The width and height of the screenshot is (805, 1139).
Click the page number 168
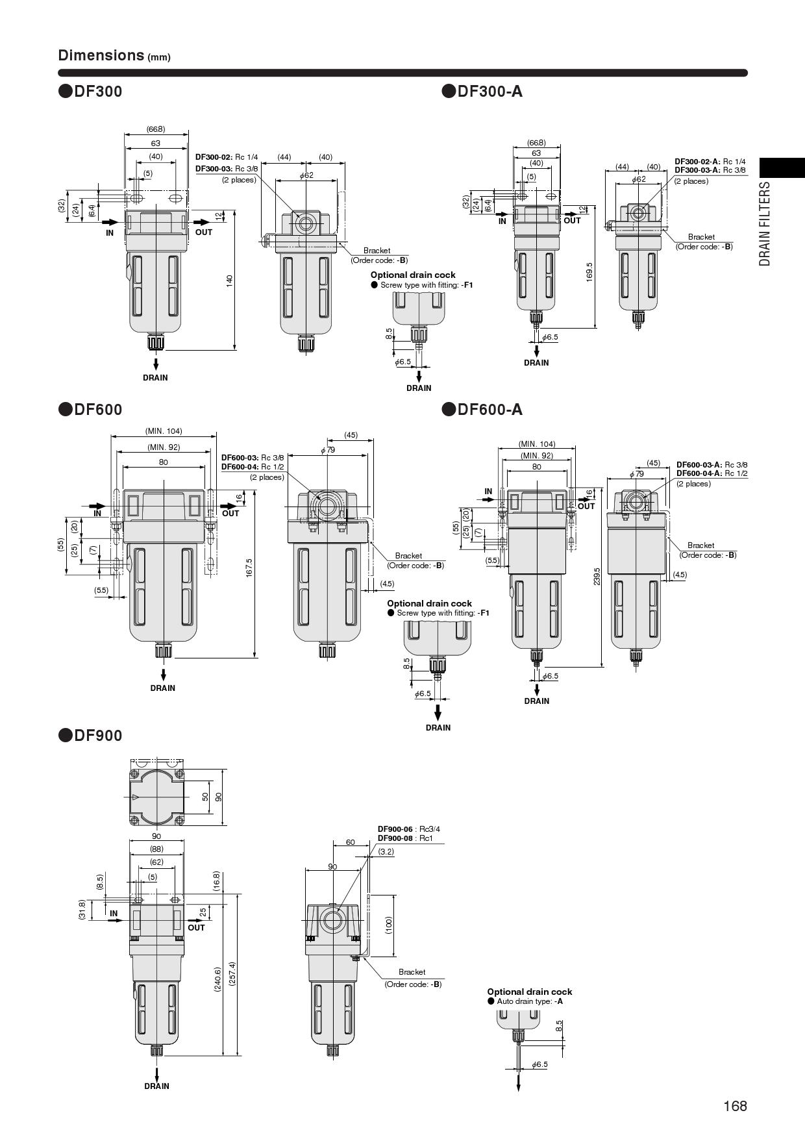736,1106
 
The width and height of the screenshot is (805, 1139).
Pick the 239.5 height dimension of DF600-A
597,575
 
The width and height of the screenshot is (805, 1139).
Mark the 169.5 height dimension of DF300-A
589,272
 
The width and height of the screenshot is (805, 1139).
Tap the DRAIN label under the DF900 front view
156,1086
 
